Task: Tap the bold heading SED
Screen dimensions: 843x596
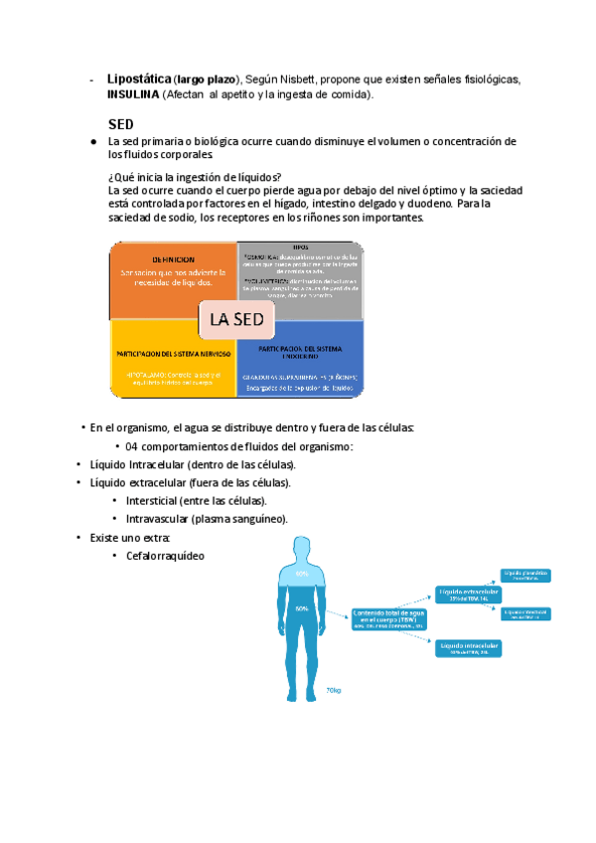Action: pyautogui.click(x=121, y=124)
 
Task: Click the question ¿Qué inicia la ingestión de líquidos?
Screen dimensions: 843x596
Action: pyautogui.click(x=195, y=177)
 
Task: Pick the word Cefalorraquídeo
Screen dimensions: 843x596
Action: pyautogui.click(x=165, y=555)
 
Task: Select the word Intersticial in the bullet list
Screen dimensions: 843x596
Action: pyautogui.click(x=164, y=501)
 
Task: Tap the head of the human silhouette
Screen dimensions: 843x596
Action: pyautogui.click(x=301, y=549)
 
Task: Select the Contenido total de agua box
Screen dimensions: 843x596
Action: pyautogui.click(x=388, y=619)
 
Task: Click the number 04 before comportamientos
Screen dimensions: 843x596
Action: pyautogui.click(x=134, y=446)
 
